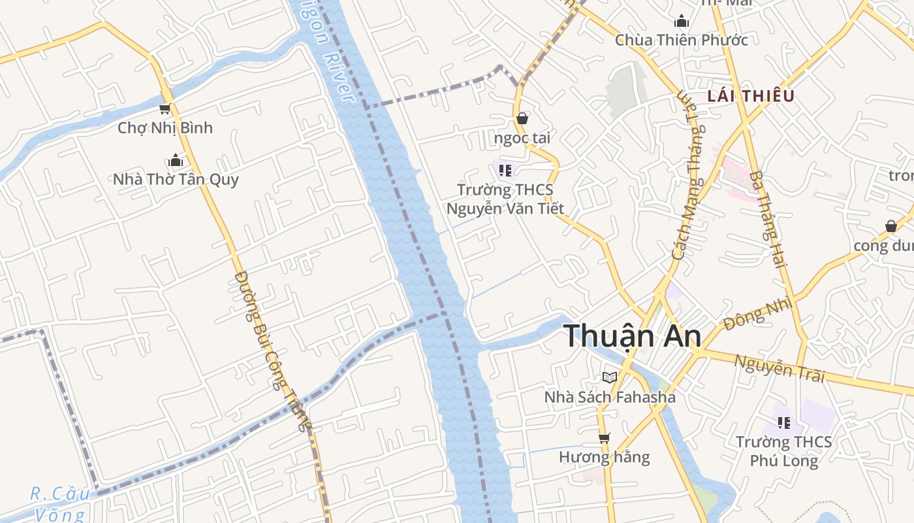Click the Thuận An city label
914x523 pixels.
[x=632, y=336]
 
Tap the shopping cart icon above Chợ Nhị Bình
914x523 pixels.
[x=165, y=109]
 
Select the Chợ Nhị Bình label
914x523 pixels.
[x=165, y=127]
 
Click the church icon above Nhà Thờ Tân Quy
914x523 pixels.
[x=175, y=160]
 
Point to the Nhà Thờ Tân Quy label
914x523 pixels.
[x=176, y=179]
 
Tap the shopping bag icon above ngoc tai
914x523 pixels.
[x=522, y=118]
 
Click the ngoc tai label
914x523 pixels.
[x=522, y=137]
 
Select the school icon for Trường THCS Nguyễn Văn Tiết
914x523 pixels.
[x=505, y=171]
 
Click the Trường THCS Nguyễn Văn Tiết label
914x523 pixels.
[x=505, y=199]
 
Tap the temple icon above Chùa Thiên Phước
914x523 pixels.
[x=682, y=22]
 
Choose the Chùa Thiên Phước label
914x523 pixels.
[x=682, y=40]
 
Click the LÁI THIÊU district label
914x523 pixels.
[x=751, y=96]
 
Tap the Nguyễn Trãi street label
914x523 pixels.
[x=780, y=367]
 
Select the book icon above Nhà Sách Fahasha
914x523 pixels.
[x=610, y=377]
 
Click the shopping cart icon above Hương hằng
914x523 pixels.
[x=605, y=438]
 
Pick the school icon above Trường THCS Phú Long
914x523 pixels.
[x=784, y=423]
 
